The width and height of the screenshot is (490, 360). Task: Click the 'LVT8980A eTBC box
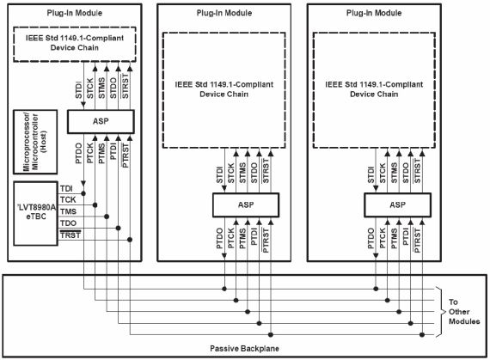pyautogui.click(x=35, y=214)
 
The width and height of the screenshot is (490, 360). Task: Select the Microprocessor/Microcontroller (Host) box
pyautogui.click(x=35, y=142)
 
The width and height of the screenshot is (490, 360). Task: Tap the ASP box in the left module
pyautogui.click(x=101, y=121)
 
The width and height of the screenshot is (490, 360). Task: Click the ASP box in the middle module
pyautogui.click(x=246, y=204)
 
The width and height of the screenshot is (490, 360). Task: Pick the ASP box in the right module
pyautogui.click(x=397, y=204)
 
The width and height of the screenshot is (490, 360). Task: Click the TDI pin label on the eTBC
pyautogui.click(x=66, y=188)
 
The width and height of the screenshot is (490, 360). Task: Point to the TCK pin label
pyautogui.click(x=68, y=200)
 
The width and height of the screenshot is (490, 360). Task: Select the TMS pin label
pyautogui.click(x=68, y=211)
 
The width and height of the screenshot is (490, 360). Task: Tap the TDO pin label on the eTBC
pyautogui.click(x=68, y=223)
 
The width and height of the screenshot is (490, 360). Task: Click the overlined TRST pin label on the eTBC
pyautogui.click(x=70, y=235)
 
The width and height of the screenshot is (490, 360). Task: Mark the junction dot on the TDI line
pyautogui.click(x=83, y=193)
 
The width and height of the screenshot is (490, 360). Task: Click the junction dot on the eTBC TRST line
pyautogui.click(x=130, y=240)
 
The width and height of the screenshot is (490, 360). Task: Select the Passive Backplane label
pyautogui.click(x=244, y=349)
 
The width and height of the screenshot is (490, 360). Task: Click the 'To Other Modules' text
pyautogui.click(x=464, y=312)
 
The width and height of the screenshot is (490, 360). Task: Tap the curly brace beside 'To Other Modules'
pyautogui.click(x=440, y=312)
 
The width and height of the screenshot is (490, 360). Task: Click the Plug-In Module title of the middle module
pyautogui.click(x=224, y=13)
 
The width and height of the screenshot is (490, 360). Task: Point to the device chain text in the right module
pyautogui.click(x=374, y=89)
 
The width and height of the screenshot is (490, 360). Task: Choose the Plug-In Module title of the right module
pyautogui.click(x=374, y=13)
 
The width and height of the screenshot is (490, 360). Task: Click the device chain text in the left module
pyautogui.click(x=75, y=43)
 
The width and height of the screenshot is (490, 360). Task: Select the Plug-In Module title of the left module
pyautogui.click(x=75, y=13)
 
